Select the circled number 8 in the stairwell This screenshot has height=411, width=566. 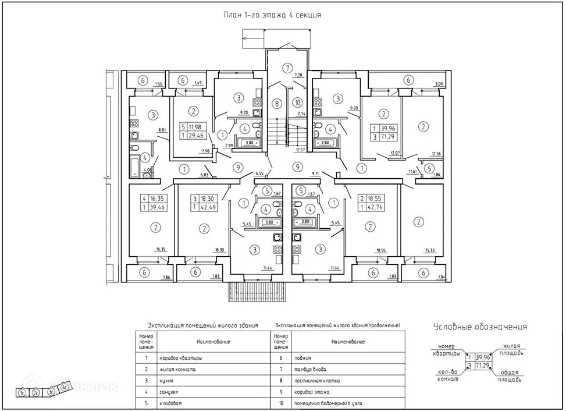[277, 104]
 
